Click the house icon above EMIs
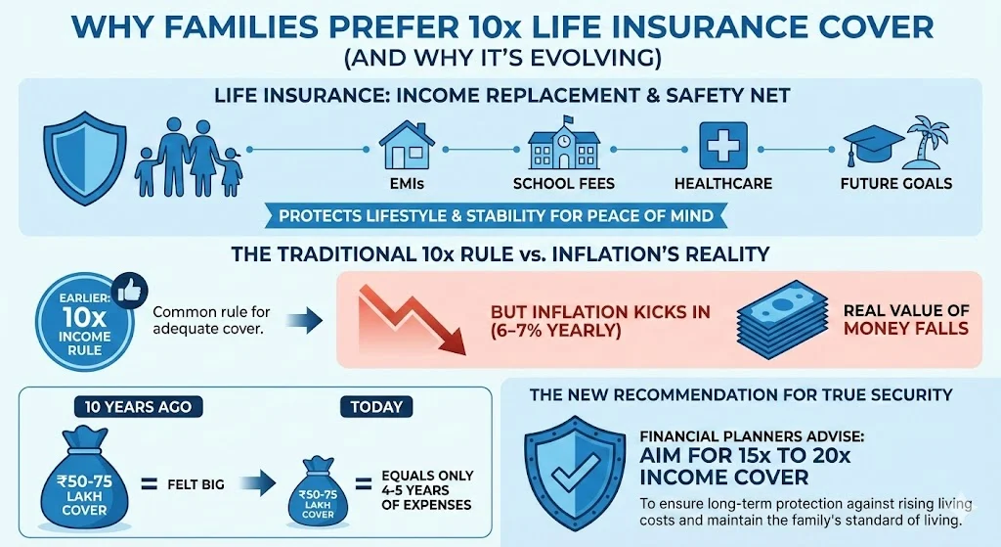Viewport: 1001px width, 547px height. point(407,145)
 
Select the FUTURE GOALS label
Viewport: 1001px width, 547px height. point(896,184)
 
